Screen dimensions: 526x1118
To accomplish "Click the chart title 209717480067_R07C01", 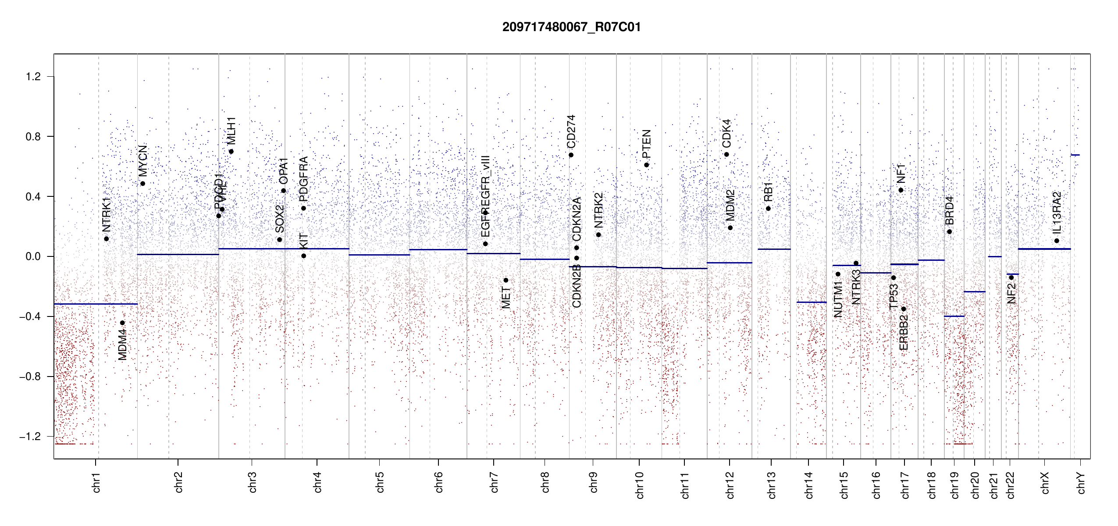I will click(x=571, y=27).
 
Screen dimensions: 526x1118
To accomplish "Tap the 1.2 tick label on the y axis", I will click(x=33, y=77).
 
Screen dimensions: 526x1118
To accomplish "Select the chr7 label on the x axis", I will click(x=494, y=482).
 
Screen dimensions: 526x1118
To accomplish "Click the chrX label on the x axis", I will click(x=1045, y=483).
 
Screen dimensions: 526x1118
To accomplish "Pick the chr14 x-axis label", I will click(x=809, y=485).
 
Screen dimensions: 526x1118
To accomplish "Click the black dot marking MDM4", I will click(x=123, y=323).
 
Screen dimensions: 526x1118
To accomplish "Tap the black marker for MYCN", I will click(x=143, y=184).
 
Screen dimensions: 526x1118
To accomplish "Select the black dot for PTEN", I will click(x=647, y=165).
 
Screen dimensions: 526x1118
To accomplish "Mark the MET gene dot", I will click(x=506, y=280).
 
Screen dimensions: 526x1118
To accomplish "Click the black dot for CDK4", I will click(x=726, y=155).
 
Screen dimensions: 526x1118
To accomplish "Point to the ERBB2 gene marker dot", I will click(x=904, y=309).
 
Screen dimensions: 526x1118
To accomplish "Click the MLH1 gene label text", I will click(x=231, y=131).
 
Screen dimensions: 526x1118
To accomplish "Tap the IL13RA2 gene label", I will click(x=1057, y=213).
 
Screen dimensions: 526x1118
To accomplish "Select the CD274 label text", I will click(x=571, y=131).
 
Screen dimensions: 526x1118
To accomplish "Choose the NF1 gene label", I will click(x=901, y=174).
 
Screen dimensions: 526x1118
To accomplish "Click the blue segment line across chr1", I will click(x=96, y=304).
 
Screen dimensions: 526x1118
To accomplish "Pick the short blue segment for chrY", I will click(x=1075, y=155).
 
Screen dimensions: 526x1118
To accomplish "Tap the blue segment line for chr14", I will click(x=812, y=302).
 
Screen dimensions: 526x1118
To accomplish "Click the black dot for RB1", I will click(x=769, y=209).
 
